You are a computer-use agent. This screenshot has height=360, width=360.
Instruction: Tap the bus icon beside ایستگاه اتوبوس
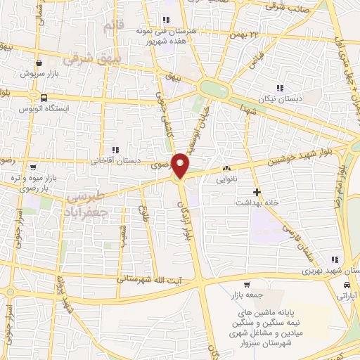[44, 98]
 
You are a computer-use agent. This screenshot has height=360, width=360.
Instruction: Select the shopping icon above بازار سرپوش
[44, 63]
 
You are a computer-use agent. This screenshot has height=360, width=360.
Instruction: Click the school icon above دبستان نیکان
[280, 89]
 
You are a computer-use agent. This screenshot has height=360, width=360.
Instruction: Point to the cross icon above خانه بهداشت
[257, 191]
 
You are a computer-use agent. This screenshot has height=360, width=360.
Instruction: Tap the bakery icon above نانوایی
[226, 169]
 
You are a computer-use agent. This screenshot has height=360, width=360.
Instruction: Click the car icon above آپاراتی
[347, 285]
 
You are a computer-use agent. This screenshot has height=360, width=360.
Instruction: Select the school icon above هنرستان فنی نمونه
[166, 20]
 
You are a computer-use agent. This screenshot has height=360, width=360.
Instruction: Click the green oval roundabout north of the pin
[214, 88]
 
